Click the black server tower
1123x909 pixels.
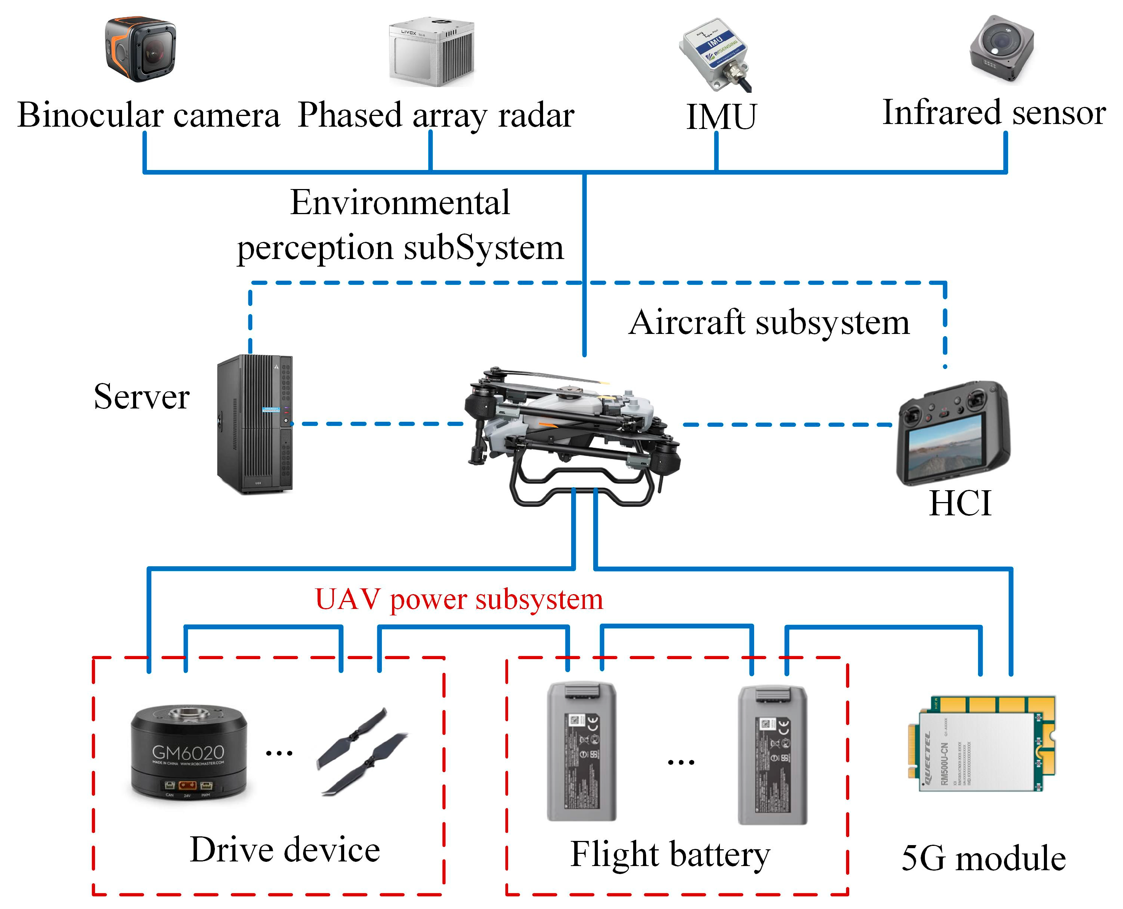[x=255, y=424]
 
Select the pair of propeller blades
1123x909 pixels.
[x=361, y=752]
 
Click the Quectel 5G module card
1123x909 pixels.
[x=980, y=744]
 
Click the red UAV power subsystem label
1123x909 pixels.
[x=459, y=599]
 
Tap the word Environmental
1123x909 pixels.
[x=400, y=203]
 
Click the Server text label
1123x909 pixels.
[x=141, y=397]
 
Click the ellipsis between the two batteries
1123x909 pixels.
[x=681, y=762]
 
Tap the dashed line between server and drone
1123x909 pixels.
[x=377, y=424]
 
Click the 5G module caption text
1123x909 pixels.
[x=983, y=859]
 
